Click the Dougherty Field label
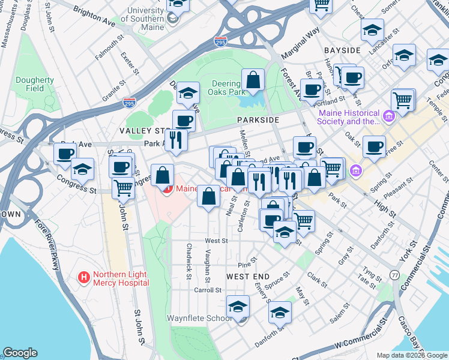[x=35, y=84]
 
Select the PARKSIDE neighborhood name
[x=259, y=120]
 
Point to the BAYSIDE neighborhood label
[x=342, y=50]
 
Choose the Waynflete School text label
[x=199, y=318]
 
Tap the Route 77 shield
[x=394, y=275]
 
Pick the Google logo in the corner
[x=20, y=352]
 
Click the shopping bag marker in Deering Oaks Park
[x=253, y=80]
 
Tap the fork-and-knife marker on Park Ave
[x=176, y=140]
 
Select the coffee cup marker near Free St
[x=375, y=146]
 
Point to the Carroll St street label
[x=208, y=290]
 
